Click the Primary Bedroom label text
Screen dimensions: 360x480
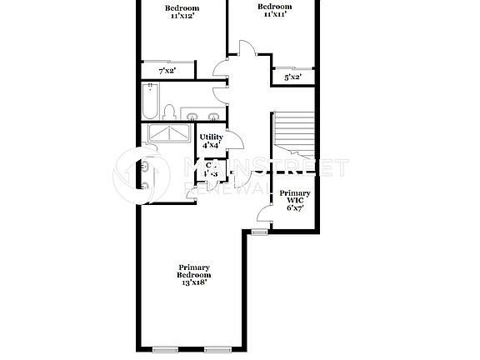coord(193,271)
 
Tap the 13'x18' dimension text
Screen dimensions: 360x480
coord(193,282)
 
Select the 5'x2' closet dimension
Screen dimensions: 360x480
coord(292,77)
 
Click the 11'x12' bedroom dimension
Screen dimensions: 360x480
coord(182,16)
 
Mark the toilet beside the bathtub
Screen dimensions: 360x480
coord(169,112)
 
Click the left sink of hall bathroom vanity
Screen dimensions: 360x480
coord(192,115)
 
